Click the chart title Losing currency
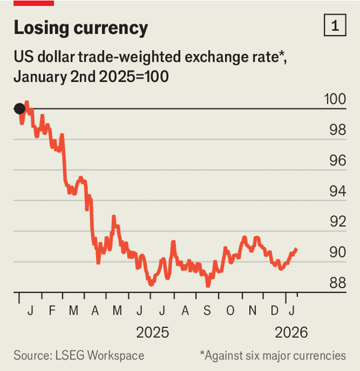[80, 28]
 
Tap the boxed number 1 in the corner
[334, 26]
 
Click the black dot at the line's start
[20, 109]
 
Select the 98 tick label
[338, 130]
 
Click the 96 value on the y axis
[338, 160]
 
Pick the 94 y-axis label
[338, 192]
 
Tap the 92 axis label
[338, 222]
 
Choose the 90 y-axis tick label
[338, 253]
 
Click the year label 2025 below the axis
[153, 332]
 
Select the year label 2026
[291, 332]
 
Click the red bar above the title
[34, 3]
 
